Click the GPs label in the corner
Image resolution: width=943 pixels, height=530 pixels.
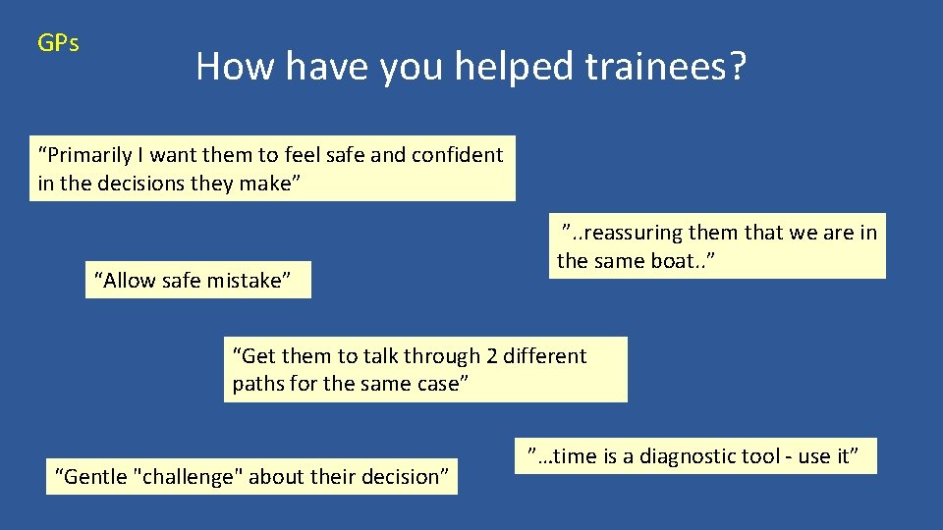point(58,43)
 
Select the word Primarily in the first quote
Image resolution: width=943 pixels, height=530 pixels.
point(85,155)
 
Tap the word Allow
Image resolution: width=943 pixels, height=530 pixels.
point(130,281)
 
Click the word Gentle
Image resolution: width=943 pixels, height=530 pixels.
point(96,477)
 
